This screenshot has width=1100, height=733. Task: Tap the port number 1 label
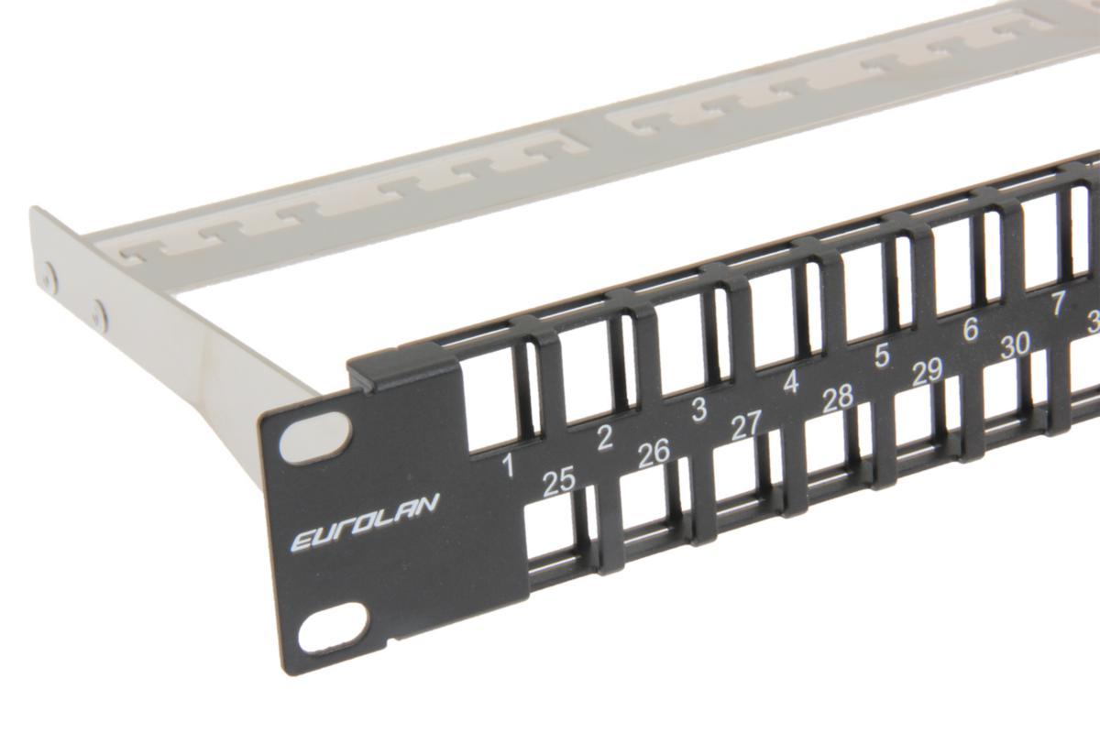(507, 466)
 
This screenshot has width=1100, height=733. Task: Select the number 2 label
(603, 438)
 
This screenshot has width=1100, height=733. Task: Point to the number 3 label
(698, 410)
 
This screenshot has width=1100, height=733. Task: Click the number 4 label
(790, 382)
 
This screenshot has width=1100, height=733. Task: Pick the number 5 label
(881, 356)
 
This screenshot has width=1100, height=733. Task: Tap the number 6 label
(970, 330)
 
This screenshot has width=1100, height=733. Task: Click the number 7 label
(1058, 304)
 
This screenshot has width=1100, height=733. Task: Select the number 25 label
(558, 482)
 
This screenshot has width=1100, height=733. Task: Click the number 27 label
(746, 425)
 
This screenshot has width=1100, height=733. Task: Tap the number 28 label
(838, 398)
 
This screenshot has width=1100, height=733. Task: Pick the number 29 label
(928, 371)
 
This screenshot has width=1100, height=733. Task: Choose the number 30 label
(1015, 345)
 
